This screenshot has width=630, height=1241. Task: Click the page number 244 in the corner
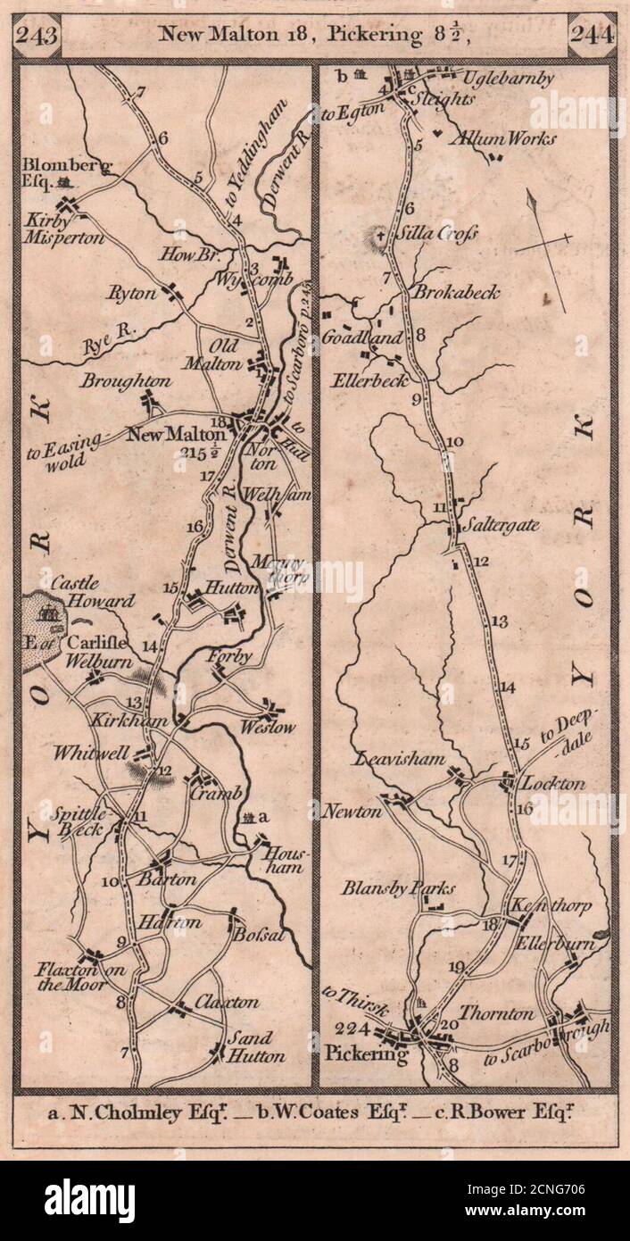591,37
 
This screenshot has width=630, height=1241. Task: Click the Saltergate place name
500,526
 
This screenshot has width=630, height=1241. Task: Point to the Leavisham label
400,760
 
